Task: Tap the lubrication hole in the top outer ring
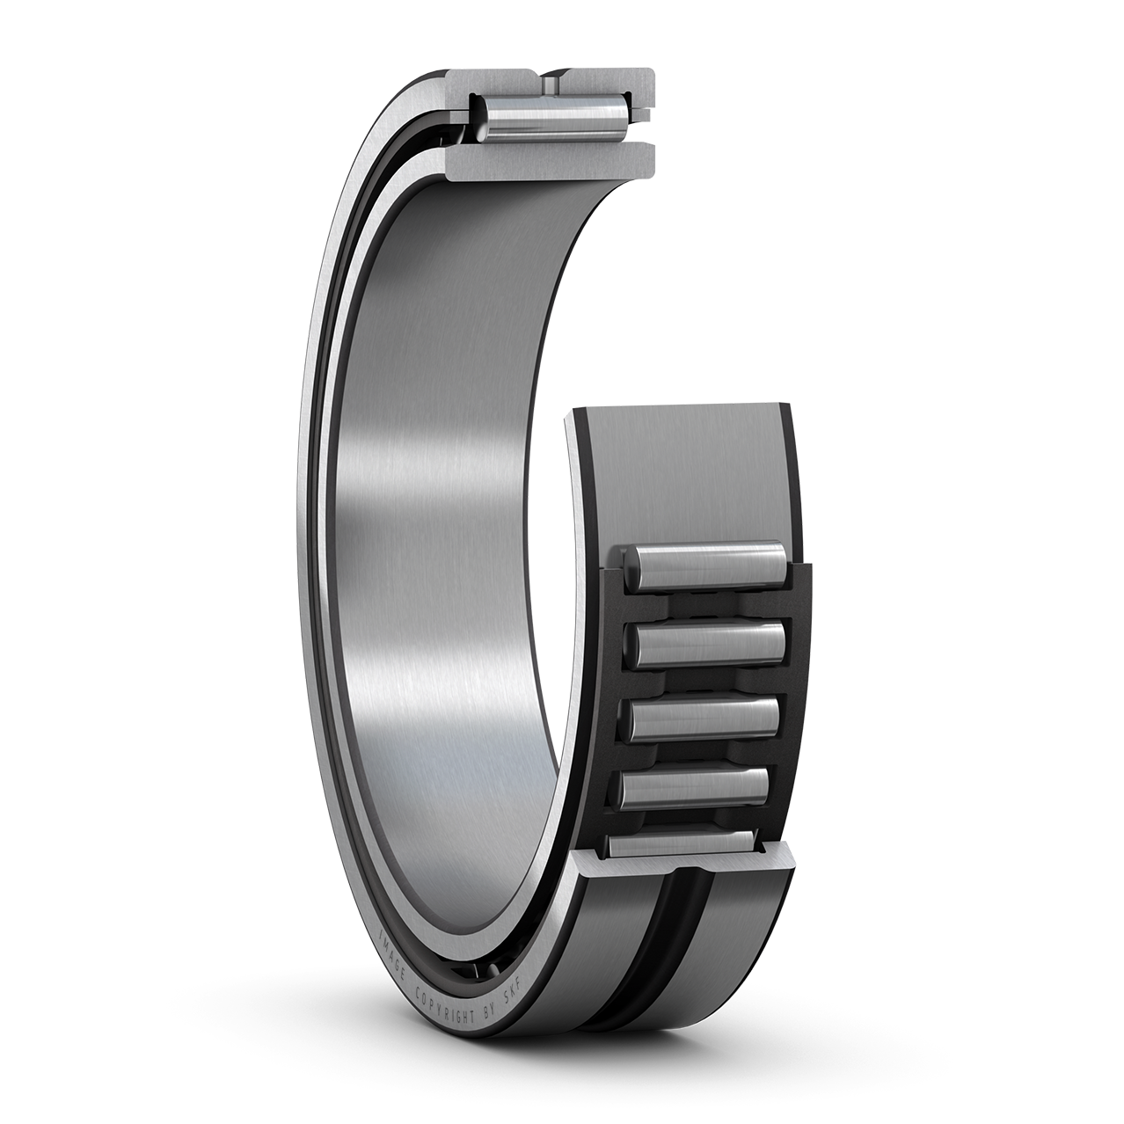pyautogui.click(x=551, y=82)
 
